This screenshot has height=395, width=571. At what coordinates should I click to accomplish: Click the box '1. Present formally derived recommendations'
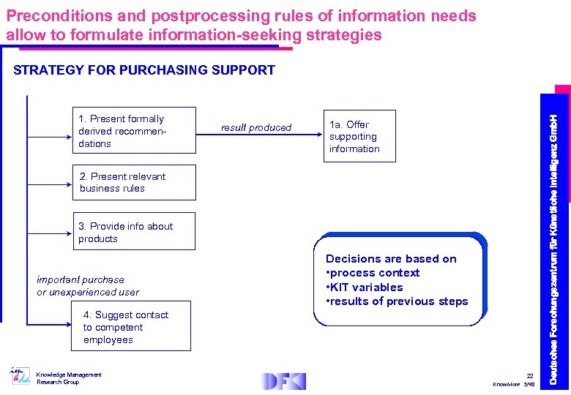[x=133, y=131]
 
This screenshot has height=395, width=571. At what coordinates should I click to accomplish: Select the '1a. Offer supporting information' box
[x=353, y=137]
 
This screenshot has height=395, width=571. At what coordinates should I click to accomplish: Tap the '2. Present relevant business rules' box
[x=133, y=182]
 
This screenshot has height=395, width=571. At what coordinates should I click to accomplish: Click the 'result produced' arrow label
[x=256, y=128]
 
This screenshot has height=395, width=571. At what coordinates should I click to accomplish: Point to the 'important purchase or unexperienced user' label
[x=88, y=286]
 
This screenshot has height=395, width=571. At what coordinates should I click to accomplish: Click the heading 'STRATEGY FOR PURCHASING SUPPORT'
[x=144, y=70]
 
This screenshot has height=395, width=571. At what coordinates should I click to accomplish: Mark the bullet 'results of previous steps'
[x=399, y=301]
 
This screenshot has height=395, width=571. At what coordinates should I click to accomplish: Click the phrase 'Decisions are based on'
[x=391, y=259]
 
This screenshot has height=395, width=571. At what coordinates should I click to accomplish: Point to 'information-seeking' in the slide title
[x=245, y=35]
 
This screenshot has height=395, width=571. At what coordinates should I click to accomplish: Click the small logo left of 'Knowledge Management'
[x=19, y=376]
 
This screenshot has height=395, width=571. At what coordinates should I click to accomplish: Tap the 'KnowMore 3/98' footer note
[x=515, y=384]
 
